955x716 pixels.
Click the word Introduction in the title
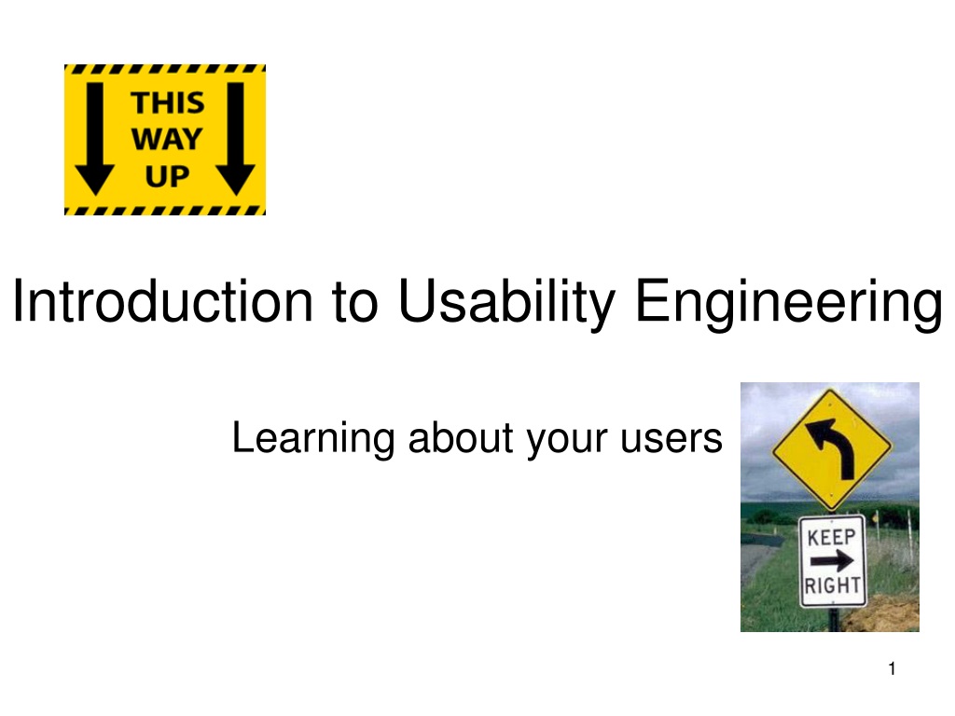coord(162,300)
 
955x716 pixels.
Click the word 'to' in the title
coord(355,303)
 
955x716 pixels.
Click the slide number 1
coord(892,668)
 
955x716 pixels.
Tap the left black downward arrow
coord(94,139)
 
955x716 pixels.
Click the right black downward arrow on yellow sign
coord(235,139)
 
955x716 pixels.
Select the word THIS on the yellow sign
coord(168,103)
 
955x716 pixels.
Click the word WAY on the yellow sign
coord(167,140)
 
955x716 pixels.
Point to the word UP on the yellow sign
coord(167,176)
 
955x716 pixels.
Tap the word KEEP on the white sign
coord(831,537)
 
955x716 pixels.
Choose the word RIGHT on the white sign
coord(832,585)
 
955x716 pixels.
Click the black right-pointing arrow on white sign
coord(832,560)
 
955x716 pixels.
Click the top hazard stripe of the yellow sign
coord(165,69)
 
